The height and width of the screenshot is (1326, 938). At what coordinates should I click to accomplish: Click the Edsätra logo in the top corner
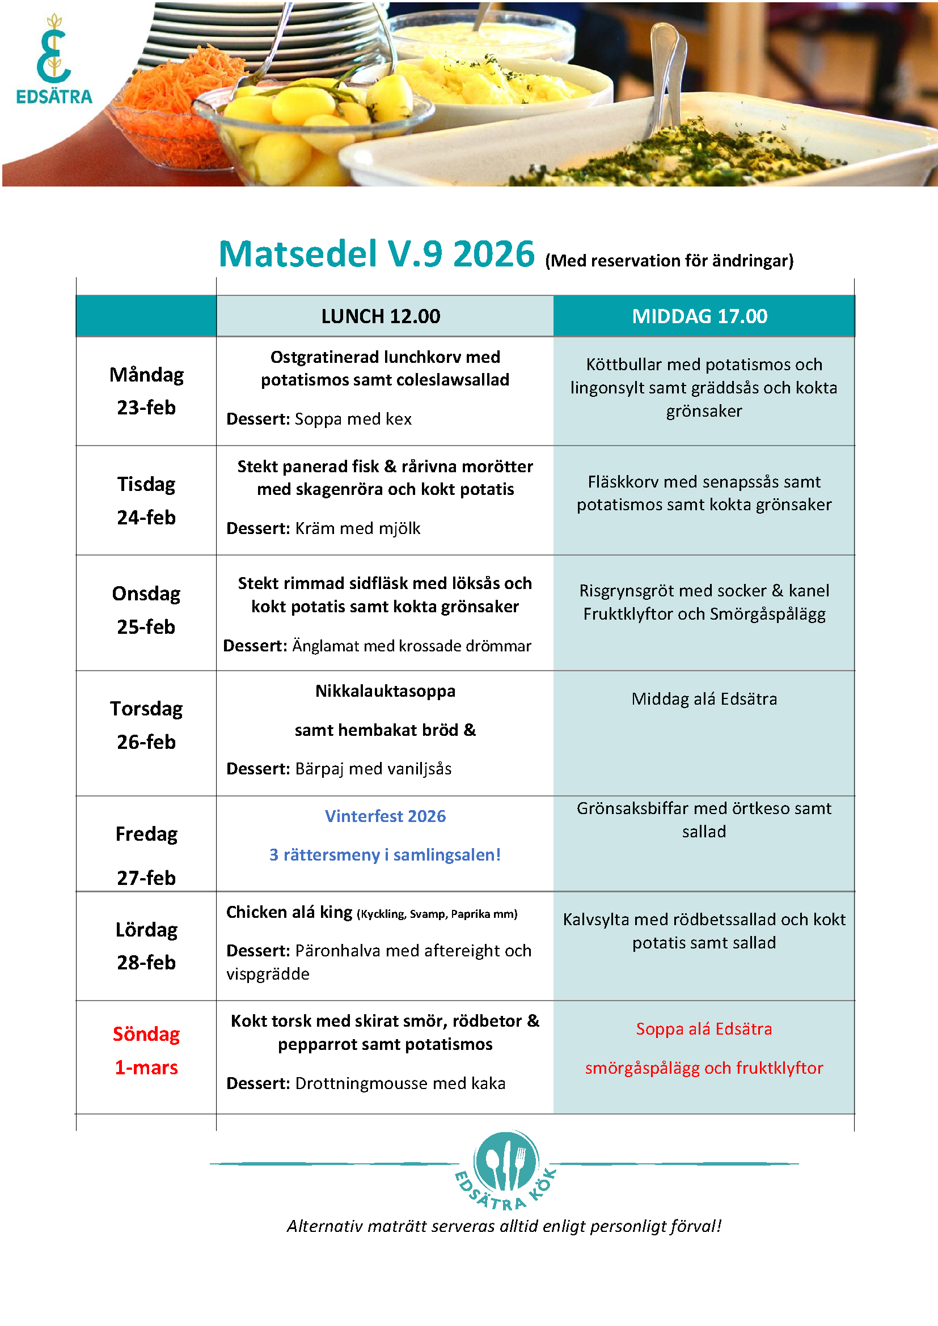(x=54, y=60)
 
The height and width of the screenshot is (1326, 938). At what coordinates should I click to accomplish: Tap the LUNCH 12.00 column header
(x=381, y=316)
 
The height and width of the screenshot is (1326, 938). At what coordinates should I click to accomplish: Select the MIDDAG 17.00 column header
(x=699, y=316)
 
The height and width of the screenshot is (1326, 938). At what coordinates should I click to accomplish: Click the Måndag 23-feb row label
(x=146, y=391)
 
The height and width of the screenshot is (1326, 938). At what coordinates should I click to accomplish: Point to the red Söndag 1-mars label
(x=146, y=1050)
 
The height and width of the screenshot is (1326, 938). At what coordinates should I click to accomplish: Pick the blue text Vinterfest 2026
(x=385, y=816)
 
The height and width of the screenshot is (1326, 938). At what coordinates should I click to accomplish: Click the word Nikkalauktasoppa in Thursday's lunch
(x=385, y=690)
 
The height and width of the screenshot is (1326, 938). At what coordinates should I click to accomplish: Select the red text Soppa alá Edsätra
(x=703, y=1028)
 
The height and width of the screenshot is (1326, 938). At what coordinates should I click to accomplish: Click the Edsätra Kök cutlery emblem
(x=506, y=1167)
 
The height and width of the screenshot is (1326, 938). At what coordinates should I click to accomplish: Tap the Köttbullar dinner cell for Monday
(x=703, y=388)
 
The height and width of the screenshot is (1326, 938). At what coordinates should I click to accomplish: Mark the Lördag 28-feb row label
(x=146, y=946)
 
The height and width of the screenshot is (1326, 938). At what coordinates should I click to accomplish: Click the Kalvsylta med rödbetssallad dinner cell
(x=703, y=930)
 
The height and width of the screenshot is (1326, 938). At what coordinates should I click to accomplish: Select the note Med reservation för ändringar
(x=669, y=261)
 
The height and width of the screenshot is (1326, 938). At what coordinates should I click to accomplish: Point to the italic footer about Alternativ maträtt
(x=504, y=1226)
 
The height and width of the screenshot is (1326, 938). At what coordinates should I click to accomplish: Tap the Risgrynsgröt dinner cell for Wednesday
(x=703, y=602)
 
